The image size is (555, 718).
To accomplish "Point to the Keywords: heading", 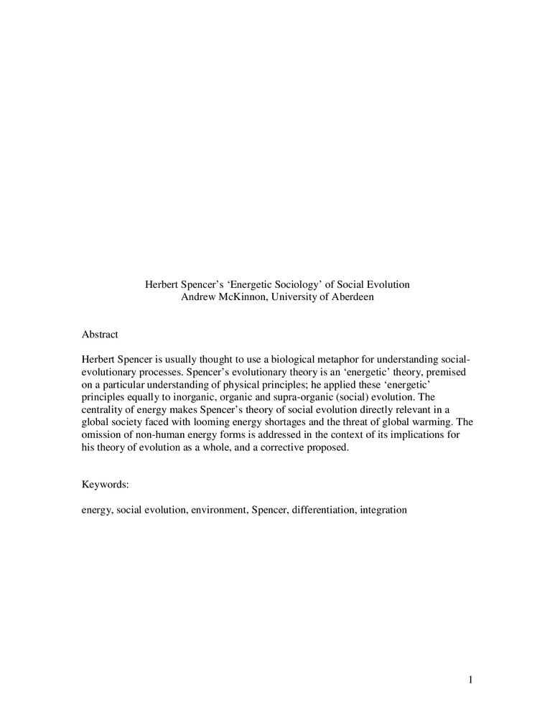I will pos(106,485).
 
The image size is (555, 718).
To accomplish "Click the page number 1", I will pos(470,680).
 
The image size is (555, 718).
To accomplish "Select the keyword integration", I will pos(382,510).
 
